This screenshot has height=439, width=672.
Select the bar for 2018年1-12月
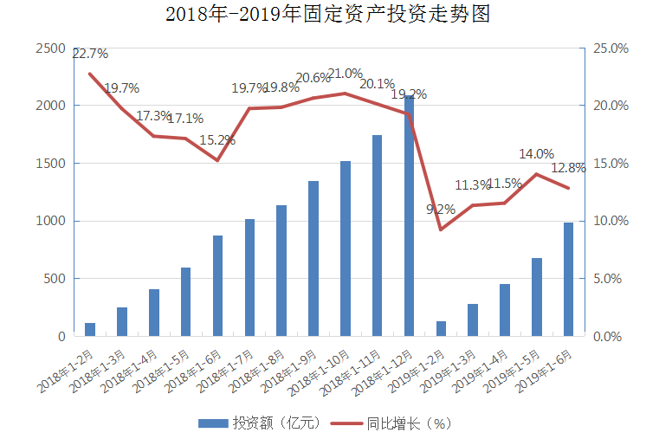coord(409,216)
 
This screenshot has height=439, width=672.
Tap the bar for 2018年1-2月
coord(90,329)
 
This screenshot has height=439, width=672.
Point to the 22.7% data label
coord(90,54)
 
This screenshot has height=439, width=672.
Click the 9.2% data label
coord(441,209)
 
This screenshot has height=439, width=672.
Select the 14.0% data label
coord(536,154)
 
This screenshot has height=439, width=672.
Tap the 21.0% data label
coord(345,74)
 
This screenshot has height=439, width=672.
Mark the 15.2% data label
coord(217,139)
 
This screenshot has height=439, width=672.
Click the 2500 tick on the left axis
coord(50,48)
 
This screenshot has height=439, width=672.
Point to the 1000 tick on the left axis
coord(50,221)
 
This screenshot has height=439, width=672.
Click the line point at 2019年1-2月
coord(441,229)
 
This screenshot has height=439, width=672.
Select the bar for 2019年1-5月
coord(536,297)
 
